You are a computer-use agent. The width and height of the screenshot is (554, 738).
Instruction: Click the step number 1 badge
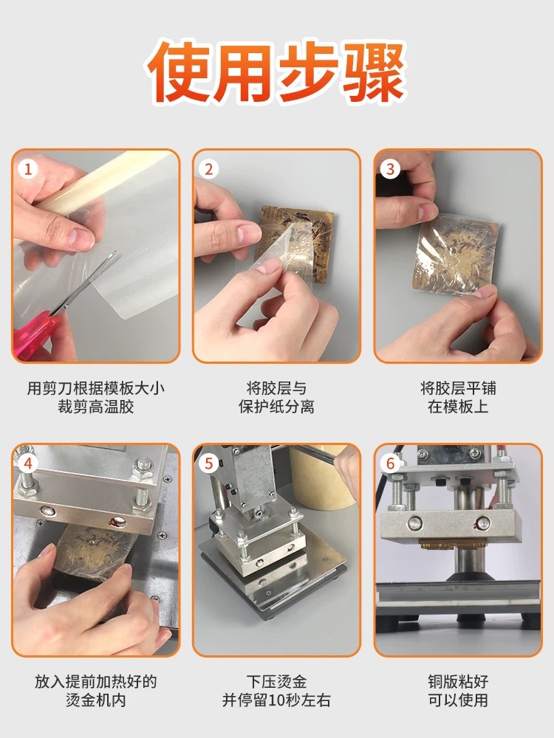pos(28,168)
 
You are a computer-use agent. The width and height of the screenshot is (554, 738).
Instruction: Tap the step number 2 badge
pos(209,168)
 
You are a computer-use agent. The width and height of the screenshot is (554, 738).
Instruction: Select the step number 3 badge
pos(390,168)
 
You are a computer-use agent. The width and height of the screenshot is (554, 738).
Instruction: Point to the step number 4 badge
pos(28,463)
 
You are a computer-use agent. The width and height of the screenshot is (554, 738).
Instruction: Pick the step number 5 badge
pos(209,463)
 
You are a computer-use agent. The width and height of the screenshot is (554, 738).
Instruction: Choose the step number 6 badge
pos(390,463)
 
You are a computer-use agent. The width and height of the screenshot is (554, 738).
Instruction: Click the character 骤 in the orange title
pos(374,71)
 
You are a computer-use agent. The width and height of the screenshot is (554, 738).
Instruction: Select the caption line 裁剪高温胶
pos(95,407)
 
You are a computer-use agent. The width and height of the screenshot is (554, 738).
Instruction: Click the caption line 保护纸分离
pos(276,407)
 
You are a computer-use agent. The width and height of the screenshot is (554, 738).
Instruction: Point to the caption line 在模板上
pos(458,407)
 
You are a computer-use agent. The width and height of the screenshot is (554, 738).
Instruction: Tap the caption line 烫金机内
pos(95,700)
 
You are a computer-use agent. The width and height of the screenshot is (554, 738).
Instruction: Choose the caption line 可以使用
pos(458,700)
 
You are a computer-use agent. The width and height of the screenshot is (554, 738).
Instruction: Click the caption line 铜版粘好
pos(458,681)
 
